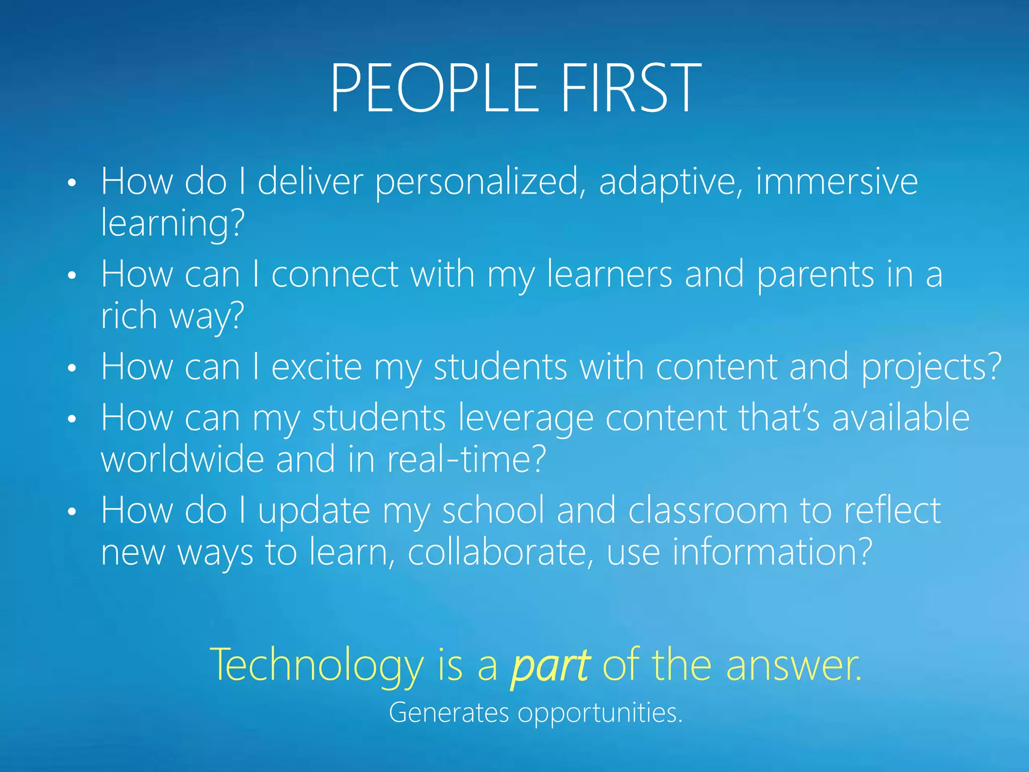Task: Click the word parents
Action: pos(815,275)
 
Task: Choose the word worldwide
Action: pos(182,459)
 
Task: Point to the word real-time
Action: pos(465,459)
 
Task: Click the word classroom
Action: pos(707,511)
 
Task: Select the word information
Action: pos(771,552)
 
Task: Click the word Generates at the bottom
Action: pos(449,713)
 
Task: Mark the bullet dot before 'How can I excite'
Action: pos(72,368)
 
